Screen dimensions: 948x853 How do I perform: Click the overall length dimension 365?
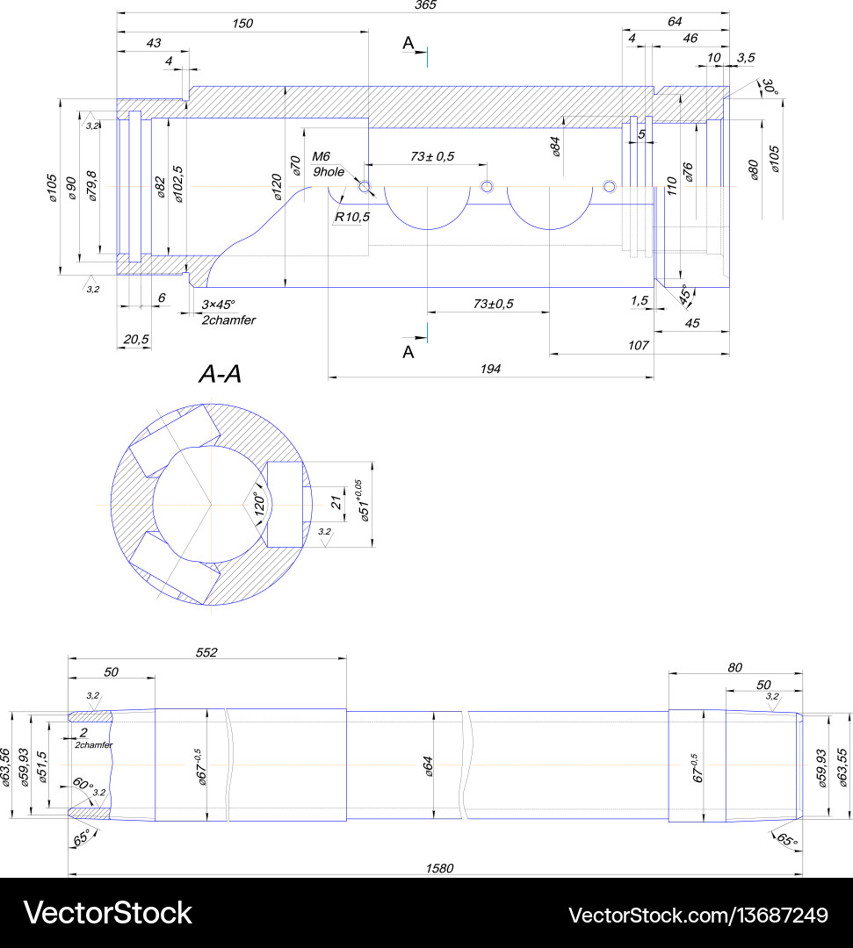pyautogui.click(x=425, y=5)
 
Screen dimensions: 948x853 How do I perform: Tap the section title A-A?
pyautogui.click(x=220, y=375)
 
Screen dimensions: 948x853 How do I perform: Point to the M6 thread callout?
pyautogui.click(x=321, y=156)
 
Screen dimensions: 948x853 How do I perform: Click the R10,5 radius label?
pyautogui.click(x=351, y=217)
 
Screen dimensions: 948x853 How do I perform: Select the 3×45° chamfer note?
pyautogui.click(x=219, y=305)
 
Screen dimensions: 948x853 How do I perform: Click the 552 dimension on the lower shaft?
pyautogui.click(x=206, y=652)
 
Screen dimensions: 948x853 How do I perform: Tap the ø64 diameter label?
pyautogui.click(x=429, y=765)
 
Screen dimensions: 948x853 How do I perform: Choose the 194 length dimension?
pyautogui.click(x=490, y=370)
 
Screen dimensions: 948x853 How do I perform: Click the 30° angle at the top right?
pyautogui.click(x=770, y=88)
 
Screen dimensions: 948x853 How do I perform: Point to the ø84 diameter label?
pyautogui.click(x=555, y=146)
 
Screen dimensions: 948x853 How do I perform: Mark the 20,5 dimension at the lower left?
pyautogui.click(x=136, y=340)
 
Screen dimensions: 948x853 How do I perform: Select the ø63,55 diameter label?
pyautogui.click(x=842, y=766)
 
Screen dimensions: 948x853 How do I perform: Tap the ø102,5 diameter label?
pyautogui.click(x=179, y=184)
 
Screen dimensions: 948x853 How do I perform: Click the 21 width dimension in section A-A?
pyautogui.click(x=336, y=502)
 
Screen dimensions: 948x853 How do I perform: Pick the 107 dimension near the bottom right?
pyautogui.click(x=638, y=346)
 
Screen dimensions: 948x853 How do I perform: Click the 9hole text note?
pyautogui.click(x=329, y=172)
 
